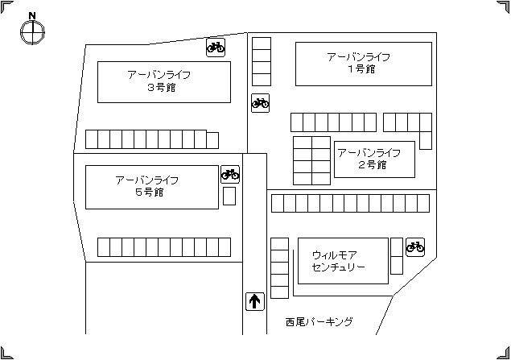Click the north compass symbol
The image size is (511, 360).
[32, 31]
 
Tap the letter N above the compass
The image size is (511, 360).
[32, 15]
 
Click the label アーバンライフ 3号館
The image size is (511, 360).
[159, 81]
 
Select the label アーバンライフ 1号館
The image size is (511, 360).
[359, 63]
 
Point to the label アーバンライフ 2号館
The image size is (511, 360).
[369, 159]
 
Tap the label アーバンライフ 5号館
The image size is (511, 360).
[147, 186]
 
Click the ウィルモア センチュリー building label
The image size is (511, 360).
[338, 261]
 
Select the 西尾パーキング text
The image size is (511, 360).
[319, 322]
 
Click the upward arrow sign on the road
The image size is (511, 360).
[254, 301]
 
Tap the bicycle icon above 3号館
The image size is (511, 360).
[216, 48]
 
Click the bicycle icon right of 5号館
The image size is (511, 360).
[230, 175]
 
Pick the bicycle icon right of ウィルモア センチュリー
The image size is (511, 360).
[415, 247]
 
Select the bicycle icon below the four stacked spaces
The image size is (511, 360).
[261, 103]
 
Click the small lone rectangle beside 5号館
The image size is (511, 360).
[229, 196]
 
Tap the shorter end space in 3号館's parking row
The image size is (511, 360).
[212, 140]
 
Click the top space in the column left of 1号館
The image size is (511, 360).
[262, 43]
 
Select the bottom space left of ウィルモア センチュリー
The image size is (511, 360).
[279, 292]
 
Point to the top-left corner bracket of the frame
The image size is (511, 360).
[7, 7]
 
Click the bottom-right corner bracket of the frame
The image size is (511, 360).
[503, 353]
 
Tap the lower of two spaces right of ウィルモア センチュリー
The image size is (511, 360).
[397, 265]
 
